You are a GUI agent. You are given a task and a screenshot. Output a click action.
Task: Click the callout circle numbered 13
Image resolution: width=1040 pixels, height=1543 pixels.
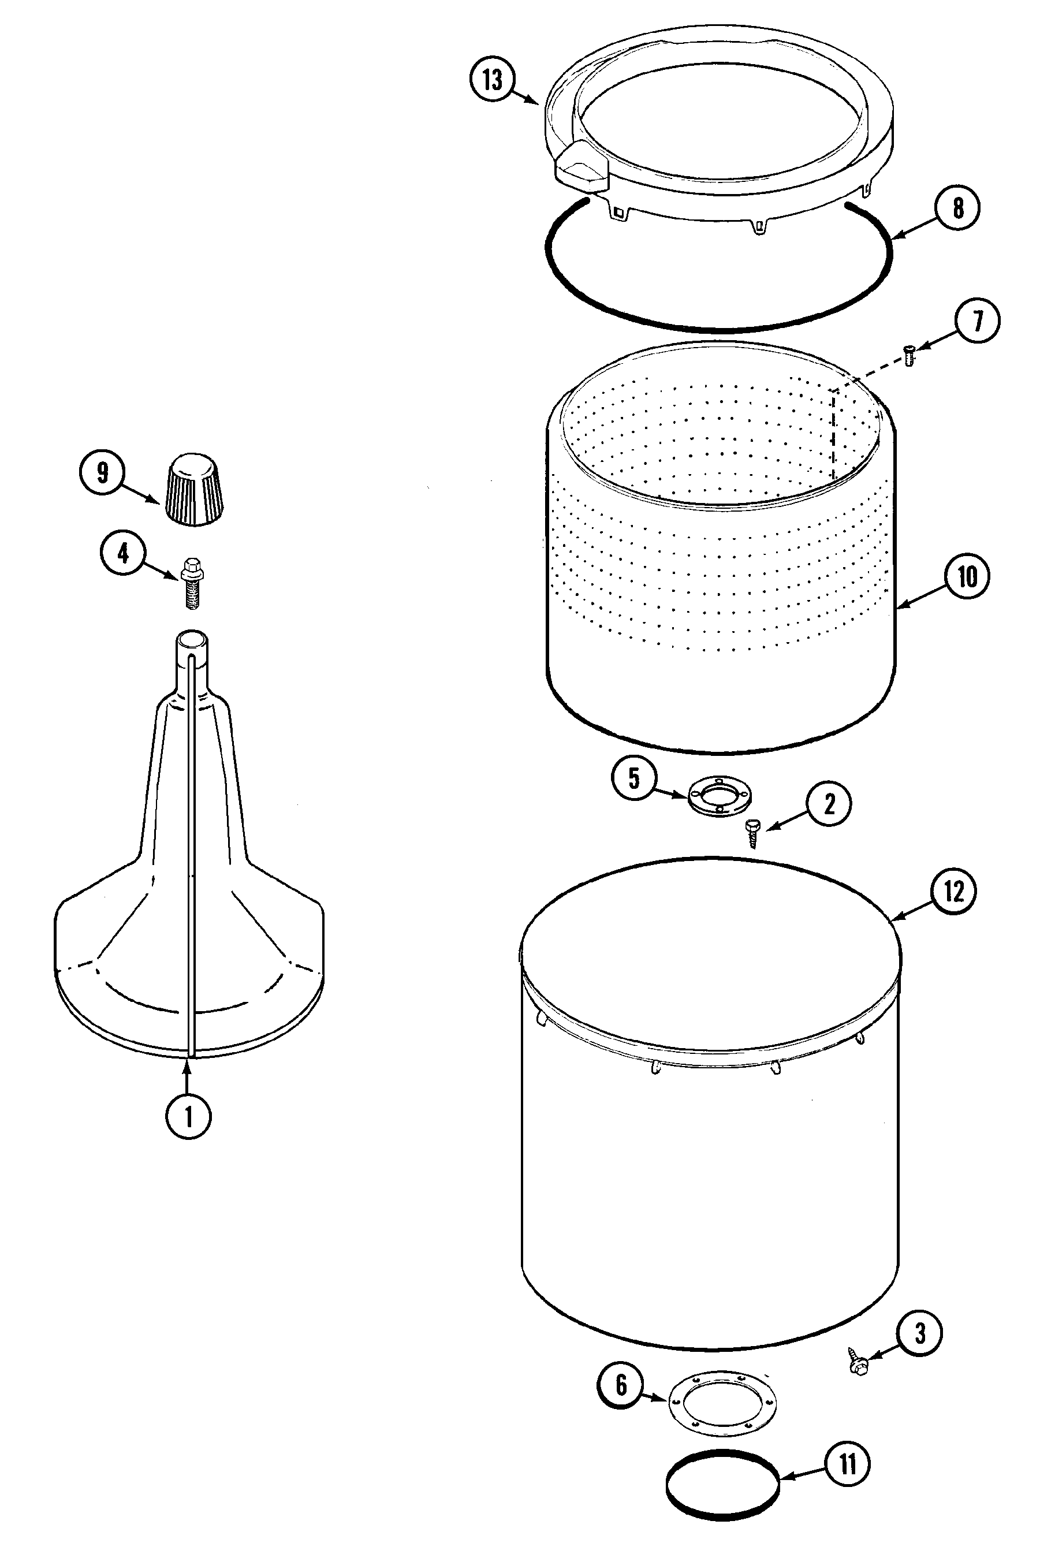[x=492, y=80]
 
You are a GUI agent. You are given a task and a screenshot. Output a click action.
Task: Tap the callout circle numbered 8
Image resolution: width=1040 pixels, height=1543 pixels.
[x=957, y=208]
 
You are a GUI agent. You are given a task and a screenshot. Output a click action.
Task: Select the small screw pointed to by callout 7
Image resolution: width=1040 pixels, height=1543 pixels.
[x=909, y=357]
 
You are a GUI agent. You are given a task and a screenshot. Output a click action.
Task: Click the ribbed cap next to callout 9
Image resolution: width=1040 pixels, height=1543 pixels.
[x=193, y=489]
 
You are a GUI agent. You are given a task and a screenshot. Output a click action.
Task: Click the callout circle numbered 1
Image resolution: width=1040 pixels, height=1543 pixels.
[x=188, y=1117]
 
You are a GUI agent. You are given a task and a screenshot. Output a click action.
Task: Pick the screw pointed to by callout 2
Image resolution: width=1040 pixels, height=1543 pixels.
[x=751, y=832]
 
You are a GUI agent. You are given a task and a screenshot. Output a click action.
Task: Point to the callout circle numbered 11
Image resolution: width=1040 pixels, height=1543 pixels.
[x=848, y=1464]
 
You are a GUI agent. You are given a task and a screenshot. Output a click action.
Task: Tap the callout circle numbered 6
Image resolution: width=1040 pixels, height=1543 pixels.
[x=621, y=1385]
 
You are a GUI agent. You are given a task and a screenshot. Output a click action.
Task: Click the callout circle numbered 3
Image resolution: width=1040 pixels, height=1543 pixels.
[x=919, y=1333]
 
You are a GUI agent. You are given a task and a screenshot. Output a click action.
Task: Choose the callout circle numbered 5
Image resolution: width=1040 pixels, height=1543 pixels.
[x=634, y=778]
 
